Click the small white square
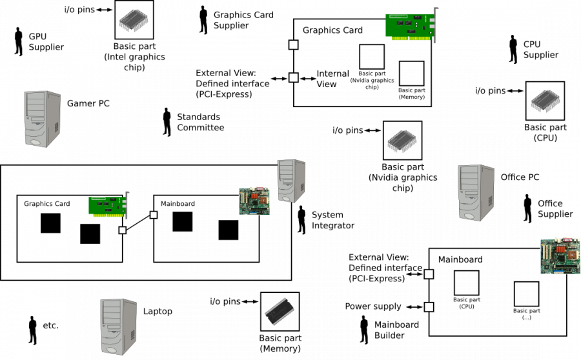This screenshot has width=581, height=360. (123, 230)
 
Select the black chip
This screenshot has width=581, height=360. (280, 312)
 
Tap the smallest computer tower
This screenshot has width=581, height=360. (290, 181)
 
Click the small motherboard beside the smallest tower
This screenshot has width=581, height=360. (254, 201)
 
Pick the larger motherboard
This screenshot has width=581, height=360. (560, 255)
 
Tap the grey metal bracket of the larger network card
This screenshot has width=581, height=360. (435, 25)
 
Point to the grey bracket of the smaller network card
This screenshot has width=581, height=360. (127, 205)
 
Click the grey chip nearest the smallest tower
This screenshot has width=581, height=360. (402, 141)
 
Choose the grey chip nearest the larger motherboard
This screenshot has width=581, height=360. (545, 101)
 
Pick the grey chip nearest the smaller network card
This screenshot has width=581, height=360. (133, 20)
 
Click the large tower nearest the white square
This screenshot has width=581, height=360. (118, 326)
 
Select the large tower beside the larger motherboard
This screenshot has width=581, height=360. (476, 192)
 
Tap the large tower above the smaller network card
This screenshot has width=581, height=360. (43, 119)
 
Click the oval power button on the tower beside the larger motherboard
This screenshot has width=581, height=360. (470, 214)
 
